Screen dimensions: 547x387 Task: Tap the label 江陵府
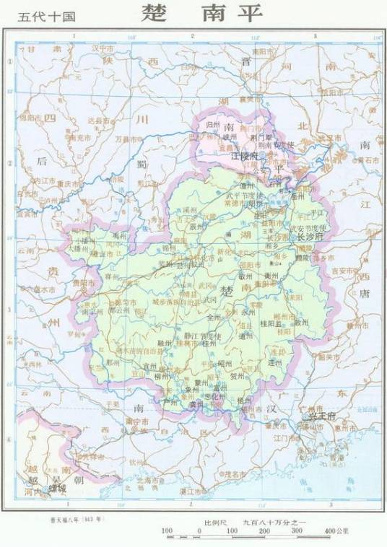coord(245,155)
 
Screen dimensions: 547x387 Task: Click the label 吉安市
coord(345,271)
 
